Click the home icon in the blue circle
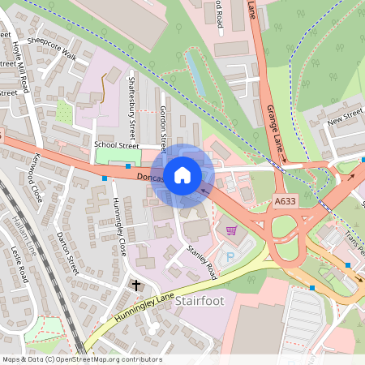[182, 175]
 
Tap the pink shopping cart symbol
[232, 230]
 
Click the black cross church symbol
[135, 286]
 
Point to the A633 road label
[285, 200]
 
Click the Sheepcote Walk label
[52, 49]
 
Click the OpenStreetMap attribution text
[82, 359]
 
